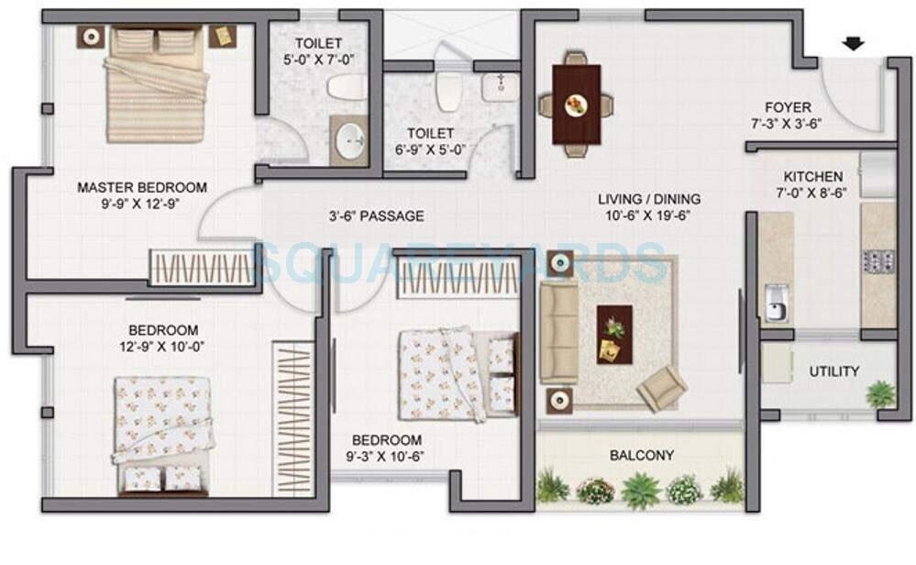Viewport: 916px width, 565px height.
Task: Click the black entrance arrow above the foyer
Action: [854, 42]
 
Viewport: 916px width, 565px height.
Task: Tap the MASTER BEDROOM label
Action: [141, 187]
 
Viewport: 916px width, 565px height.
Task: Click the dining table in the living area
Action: [576, 105]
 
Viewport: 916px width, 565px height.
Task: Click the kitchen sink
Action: [775, 303]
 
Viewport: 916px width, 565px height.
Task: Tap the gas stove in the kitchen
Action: [877, 260]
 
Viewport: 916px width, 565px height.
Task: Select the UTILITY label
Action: [833, 371]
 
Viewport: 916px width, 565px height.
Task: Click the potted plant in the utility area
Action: [880, 394]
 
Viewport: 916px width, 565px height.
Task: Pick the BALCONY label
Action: [642, 455]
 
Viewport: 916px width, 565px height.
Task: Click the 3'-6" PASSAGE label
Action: [376, 216]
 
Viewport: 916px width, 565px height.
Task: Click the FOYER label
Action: [789, 107]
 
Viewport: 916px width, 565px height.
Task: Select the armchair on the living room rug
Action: [661, 388]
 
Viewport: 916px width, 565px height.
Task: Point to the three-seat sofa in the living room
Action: [558, 332]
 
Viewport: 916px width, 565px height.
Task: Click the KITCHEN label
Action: [812, 177]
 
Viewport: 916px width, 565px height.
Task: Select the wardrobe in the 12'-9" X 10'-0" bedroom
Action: [293, 405]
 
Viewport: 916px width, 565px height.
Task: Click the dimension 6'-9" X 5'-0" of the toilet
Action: [431, 150]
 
